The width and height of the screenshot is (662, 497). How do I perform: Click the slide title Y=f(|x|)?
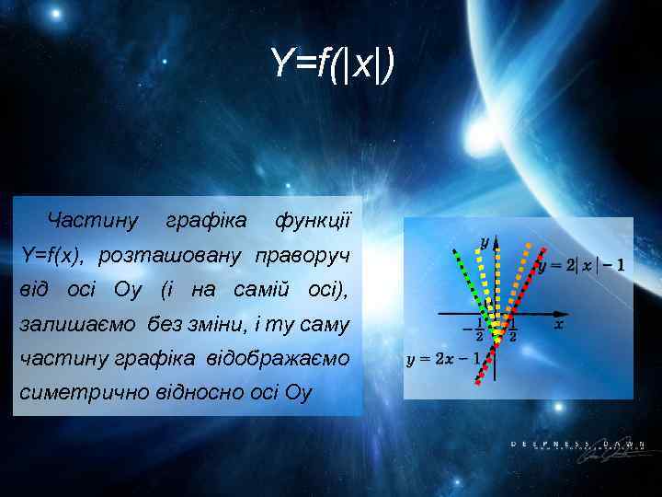pyautogui.click(x=332, y=64)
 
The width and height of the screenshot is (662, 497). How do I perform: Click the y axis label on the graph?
pyautogui.click(x=485, y=242)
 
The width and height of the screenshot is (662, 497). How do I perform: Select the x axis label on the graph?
pyautogui.click(x=560, y=325)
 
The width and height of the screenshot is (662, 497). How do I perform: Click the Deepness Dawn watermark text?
pyautogui.click(x=572, y=445)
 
